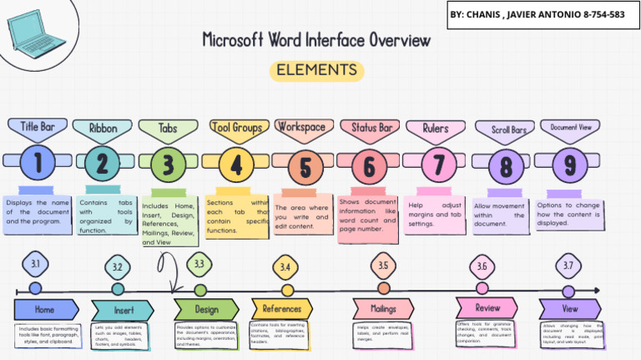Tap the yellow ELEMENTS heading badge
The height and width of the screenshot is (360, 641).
[316, 70]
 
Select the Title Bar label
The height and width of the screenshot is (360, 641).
[37, 127]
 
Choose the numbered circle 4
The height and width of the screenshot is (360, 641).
[236, 165]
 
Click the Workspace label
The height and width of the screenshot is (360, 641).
[301, 127]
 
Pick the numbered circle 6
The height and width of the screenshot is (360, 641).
[369, 166]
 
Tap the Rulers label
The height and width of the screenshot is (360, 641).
[436, 129]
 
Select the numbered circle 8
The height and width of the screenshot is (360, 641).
[505, 167]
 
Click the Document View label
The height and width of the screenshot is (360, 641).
[570, 127]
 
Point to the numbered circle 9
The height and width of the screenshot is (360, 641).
[570, 165]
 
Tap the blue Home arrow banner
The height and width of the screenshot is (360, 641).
[46, 309]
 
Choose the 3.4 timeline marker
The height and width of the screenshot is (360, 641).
[285, 267]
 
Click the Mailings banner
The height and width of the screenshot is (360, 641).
[383, 309]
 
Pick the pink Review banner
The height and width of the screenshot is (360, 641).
[487, 307]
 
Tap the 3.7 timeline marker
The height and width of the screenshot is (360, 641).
[568, 266]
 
